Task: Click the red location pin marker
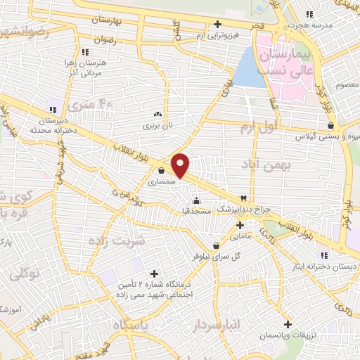[x=181, y=165]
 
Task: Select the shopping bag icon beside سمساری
[x=162, y=169]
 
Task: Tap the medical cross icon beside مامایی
[x=240, y=226]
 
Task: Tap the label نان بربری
[x=157, y=125]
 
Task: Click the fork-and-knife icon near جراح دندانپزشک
[x=245, y=200]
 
